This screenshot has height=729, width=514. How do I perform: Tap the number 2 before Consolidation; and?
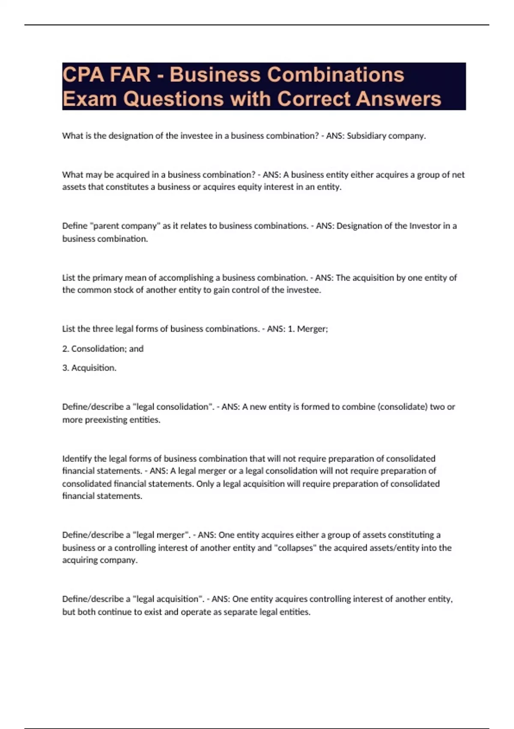[65, 349]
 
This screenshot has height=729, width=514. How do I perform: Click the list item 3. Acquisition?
[89, 368]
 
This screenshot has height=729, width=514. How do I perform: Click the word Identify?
[77, 458]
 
